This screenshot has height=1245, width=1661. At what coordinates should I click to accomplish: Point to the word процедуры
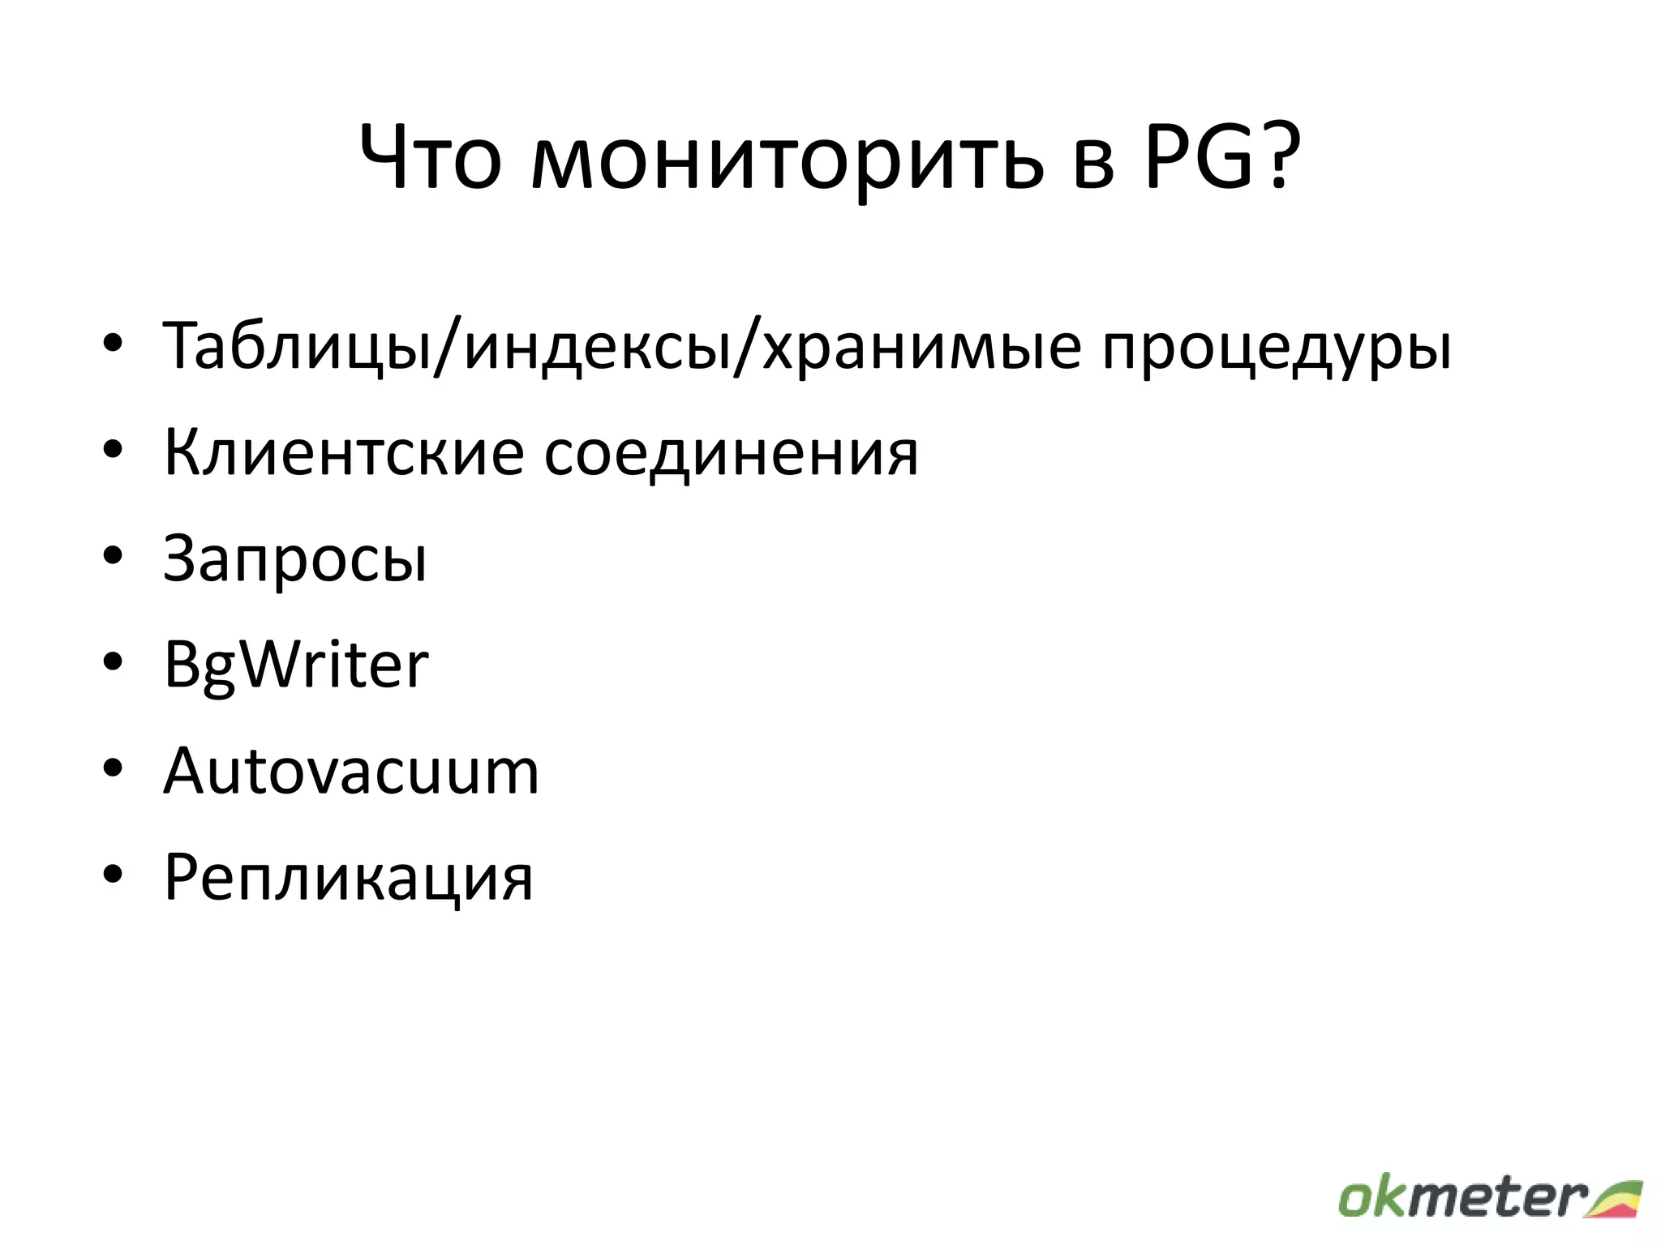1277,349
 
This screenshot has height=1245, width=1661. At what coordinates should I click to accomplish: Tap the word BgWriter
295,665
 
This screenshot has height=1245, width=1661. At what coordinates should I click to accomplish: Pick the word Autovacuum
350,771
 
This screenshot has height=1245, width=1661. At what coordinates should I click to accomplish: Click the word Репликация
349,877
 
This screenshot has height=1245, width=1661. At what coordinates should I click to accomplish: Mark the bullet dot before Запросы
113,556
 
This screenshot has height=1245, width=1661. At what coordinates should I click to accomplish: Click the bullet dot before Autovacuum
113,768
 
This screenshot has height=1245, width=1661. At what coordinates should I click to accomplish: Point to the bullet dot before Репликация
113,874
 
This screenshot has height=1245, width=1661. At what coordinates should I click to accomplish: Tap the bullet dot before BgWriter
113,661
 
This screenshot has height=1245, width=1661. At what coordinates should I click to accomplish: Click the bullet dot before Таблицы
113,344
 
